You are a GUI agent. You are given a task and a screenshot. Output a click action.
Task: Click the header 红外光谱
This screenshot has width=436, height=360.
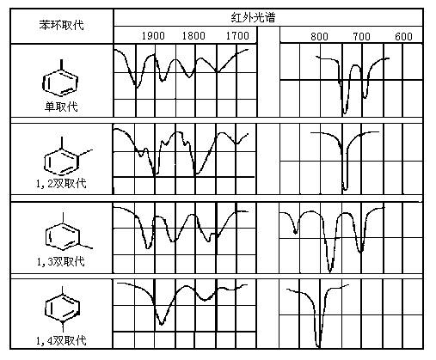click(x=253, y=18)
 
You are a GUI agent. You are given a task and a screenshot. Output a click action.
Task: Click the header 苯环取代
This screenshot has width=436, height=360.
click(x=61, y=25)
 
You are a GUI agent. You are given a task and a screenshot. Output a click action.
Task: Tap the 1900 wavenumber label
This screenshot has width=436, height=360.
click(x=153, y=36)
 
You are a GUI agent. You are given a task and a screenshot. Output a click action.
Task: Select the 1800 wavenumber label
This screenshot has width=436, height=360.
click(x=193, y=36)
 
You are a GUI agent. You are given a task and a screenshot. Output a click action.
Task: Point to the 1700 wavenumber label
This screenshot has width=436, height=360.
click(x=237, y=36)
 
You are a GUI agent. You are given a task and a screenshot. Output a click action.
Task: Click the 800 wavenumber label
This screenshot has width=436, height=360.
click(x=319, y=37)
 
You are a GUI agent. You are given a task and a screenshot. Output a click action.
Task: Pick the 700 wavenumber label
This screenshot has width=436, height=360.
click(x=361, y=37)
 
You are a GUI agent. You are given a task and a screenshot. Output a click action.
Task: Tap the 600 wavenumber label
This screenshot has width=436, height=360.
click(x=403, y=37)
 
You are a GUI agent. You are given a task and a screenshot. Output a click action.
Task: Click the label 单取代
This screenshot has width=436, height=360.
click(x=61, y=107)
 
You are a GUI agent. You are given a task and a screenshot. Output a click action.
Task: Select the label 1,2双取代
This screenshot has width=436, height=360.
click(x=61, y=183)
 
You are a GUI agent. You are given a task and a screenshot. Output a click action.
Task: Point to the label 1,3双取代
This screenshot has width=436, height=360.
click(x=61, y=261)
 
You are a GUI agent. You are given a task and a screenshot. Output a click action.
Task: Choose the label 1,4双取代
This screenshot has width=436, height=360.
click(x=61, y=340)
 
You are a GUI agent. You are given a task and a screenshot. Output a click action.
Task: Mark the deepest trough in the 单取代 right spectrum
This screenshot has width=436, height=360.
click(x=345, y=113)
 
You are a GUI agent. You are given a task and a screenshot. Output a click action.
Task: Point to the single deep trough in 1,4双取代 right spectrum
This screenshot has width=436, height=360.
click(x=318, y=347)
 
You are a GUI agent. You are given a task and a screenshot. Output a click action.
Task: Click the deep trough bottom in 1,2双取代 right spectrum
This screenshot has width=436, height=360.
click(x=345, y=190)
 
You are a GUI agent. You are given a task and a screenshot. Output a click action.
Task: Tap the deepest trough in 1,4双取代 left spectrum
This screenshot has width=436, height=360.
click(x=162, y=325)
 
